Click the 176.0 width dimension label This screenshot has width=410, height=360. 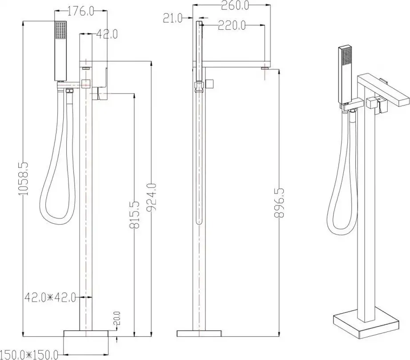(x=80, y=11)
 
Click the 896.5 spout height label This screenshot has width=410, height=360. (x=279, y=203)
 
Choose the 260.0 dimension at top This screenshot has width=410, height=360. (x=235, y=5)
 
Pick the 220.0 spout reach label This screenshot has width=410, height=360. (x=232, y=25)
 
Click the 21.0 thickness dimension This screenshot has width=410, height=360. (x=173, y=18)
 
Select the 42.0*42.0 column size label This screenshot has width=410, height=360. (x=50, y=297)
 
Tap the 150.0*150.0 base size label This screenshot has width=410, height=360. (x=29, y=355)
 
